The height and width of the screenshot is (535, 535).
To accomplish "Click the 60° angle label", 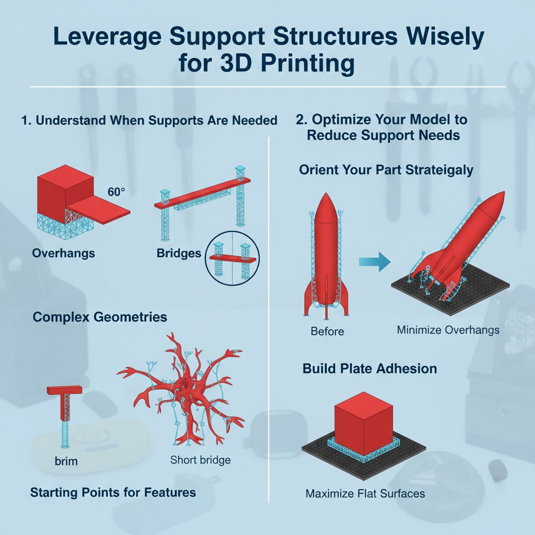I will (x=116, y=192).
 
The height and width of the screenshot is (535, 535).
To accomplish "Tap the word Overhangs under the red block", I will (x=63, y=253).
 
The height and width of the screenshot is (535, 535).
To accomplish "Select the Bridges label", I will (x=179, y=253).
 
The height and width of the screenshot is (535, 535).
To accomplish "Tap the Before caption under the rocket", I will (x=327, y=331).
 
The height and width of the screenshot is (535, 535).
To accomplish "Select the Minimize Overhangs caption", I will (x=448, y=330).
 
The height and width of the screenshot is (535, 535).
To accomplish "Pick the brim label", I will (x=65, y=461).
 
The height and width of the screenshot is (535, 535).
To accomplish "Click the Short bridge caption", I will (x=200, y=460).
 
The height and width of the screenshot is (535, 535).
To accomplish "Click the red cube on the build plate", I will (x=363, y=417).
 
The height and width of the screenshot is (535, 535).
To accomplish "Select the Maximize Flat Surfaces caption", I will (x=365, y=493).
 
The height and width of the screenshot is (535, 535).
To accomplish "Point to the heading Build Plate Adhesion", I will (x=370, y=368).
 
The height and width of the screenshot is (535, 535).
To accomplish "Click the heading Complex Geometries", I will (x=100, y=317).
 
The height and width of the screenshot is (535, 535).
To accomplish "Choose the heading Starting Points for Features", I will (x=113, y=492).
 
